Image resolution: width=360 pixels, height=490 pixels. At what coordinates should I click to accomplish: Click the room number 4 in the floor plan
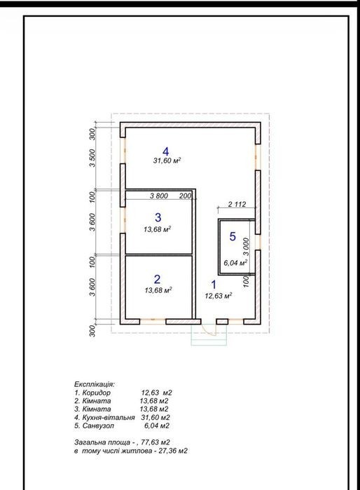tap(166, 151)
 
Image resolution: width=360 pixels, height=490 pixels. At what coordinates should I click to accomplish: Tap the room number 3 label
tap(158, 217)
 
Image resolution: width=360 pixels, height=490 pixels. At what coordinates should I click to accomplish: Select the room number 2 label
tap(157, 279)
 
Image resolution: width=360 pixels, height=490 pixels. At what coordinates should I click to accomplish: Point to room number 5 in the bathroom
tap(233, 236)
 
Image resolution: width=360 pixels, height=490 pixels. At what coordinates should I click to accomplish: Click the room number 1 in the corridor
tap(214, 285)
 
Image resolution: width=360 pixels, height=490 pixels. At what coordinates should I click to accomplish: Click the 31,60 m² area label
tap(167, 161)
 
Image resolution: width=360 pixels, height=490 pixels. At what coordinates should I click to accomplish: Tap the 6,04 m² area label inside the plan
tap(235, 263)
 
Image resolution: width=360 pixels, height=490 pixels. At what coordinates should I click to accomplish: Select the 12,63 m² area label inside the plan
tap(219, 296)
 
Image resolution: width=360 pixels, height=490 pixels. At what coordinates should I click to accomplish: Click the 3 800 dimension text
tap(159, 196)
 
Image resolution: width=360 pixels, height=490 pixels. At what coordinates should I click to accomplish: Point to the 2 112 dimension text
tap(237, 205)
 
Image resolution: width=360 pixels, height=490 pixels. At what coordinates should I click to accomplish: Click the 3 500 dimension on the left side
tap(92, 158)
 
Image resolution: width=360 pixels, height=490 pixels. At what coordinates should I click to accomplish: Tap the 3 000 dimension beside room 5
tap(246, 247)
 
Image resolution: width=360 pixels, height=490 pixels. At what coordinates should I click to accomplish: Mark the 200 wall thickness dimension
tap(185, 196)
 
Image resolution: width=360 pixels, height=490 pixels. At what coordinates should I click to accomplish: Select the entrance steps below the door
tap(209, 338)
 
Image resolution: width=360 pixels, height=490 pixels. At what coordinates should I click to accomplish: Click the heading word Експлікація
tap(95, 384)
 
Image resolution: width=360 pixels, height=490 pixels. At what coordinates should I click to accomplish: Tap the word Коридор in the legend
tap(97, 393)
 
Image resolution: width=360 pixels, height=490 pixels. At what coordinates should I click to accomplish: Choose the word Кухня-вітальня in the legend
tap(109, 418)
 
